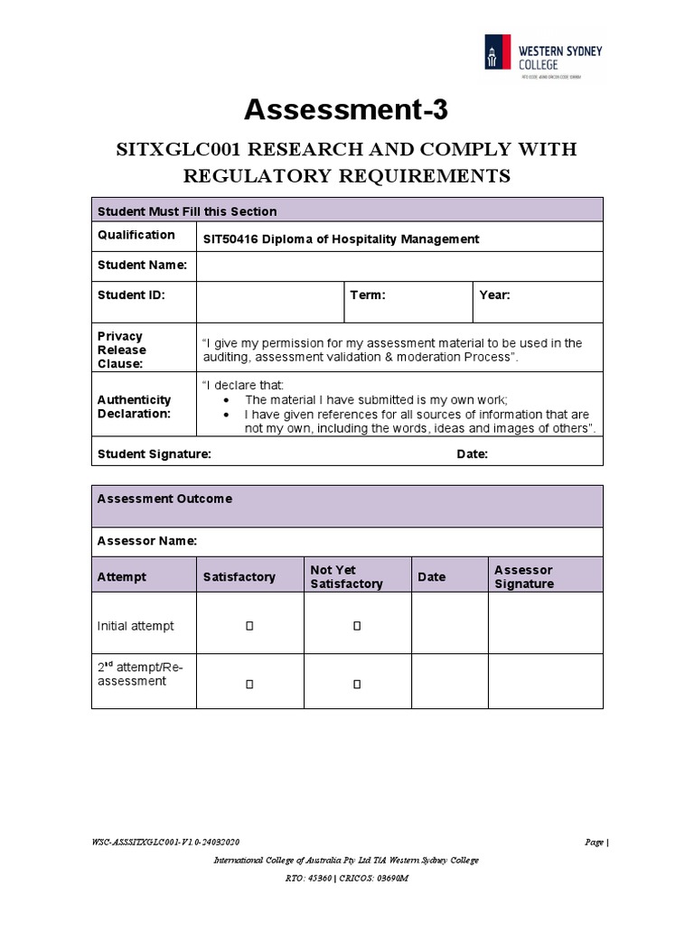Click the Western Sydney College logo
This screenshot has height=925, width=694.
tap(542, 58)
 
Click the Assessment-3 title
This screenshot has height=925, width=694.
tap(346, 111)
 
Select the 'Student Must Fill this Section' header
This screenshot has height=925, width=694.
tap(187, 211)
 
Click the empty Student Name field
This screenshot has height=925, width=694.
tap(399, 266)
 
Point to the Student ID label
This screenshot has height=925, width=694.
tap(131, 294)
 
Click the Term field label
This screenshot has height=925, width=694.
tap(368, 295)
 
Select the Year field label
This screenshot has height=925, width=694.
tap(495, 295)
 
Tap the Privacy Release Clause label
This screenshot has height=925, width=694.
tap(122, 350)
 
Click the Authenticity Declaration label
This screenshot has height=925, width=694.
tap(134, 406)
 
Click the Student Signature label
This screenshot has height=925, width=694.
tap(154, 454)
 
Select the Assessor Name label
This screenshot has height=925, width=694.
tap(146, 541)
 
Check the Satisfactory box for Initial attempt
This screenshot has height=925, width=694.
tap(249, 625)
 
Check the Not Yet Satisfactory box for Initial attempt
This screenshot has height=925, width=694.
tap(357, 625)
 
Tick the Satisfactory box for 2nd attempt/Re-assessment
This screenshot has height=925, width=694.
tap(249, 685)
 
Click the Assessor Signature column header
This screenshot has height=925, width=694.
tap(524, 576)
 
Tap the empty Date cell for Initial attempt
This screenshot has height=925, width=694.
tap(450, 623)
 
